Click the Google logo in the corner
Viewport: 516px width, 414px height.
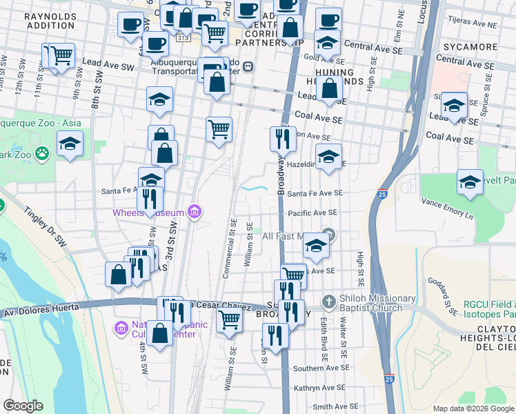point(23,406)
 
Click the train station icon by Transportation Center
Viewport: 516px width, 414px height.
point(247,67)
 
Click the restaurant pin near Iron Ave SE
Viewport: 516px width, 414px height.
point(283,138)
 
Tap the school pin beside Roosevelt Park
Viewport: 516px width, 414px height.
point(470,182)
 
